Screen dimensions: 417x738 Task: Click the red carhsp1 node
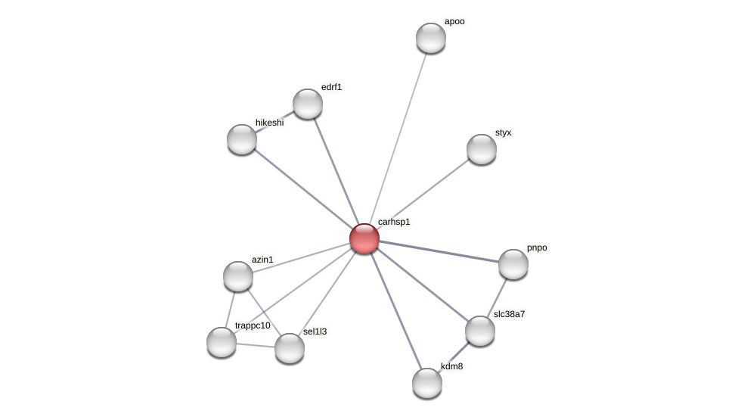[364, 238]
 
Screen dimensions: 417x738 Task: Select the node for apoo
[431, 38]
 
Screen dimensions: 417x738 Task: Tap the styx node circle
[482, 149]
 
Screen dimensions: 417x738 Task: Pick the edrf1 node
[308, 104]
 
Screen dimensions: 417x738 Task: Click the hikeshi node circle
[242, 138]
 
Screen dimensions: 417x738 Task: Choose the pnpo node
[513, 263]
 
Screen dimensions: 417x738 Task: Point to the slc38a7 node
[480, 330]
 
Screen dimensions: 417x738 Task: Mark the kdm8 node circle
[427, 382]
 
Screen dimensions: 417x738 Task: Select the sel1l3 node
[290, 347]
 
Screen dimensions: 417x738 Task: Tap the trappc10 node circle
[222, 341]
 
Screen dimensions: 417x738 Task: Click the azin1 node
[238, 276]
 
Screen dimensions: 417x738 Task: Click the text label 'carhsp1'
[394, 222]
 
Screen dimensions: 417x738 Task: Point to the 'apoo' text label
[454, 21]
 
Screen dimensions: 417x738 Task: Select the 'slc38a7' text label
[509, 313]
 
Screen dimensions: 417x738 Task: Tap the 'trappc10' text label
[253, 325]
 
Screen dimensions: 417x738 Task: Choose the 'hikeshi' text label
[269, 123]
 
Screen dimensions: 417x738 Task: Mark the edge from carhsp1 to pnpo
[439, 251]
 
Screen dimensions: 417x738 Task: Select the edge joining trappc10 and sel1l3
[256, 344]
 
